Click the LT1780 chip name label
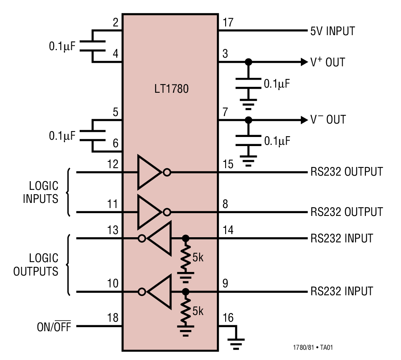tap(171, 89)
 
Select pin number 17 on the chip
tap(228, 22)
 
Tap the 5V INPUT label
tap(332, 31)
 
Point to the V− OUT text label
tap(328, 120)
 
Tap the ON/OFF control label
tap(54, 327)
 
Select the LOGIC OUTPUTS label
tap(36, 265)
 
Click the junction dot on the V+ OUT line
tap(248, 62)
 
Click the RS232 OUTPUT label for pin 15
tap(347, 172)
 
